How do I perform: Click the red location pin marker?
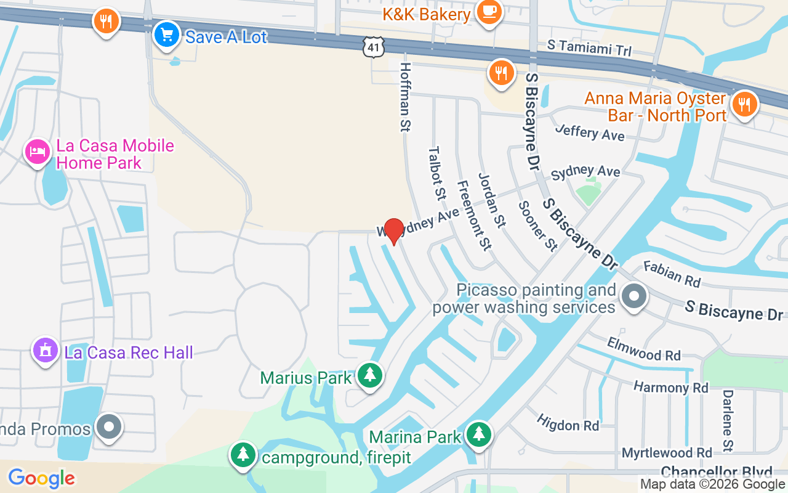[x=393, y=231]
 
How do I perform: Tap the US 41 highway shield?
[x=374, y=46]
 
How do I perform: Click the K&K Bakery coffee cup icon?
[x=489, y=12]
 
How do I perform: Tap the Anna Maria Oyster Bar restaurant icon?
[x=745, y=104]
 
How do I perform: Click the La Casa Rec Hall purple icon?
[x=45, y=351]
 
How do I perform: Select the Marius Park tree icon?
[x=370, y=375]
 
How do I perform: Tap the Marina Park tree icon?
[x=478, y=435]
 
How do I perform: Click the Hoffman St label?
[x=405, y=97]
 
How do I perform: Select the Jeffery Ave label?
[x=589, y=132]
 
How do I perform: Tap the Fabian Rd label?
[x=672, y=274]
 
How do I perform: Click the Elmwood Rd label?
[x=643, y=349]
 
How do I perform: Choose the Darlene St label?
[x=728, y=419]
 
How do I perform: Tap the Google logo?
[x=41, y=478]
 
